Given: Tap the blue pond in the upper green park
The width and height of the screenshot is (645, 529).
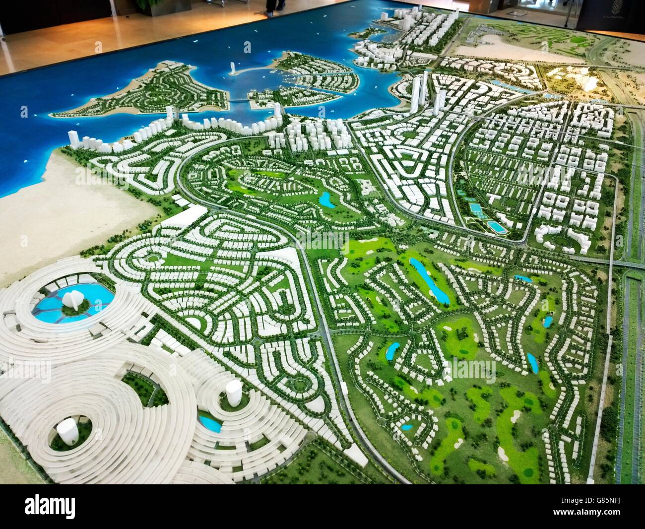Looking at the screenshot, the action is coord(326,199).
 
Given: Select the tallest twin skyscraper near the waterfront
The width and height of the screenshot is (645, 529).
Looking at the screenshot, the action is coord(415,94).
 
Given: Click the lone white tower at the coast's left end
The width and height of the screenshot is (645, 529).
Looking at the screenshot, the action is coord(73,138).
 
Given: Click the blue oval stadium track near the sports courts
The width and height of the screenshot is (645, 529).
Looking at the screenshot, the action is coord(495,226).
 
